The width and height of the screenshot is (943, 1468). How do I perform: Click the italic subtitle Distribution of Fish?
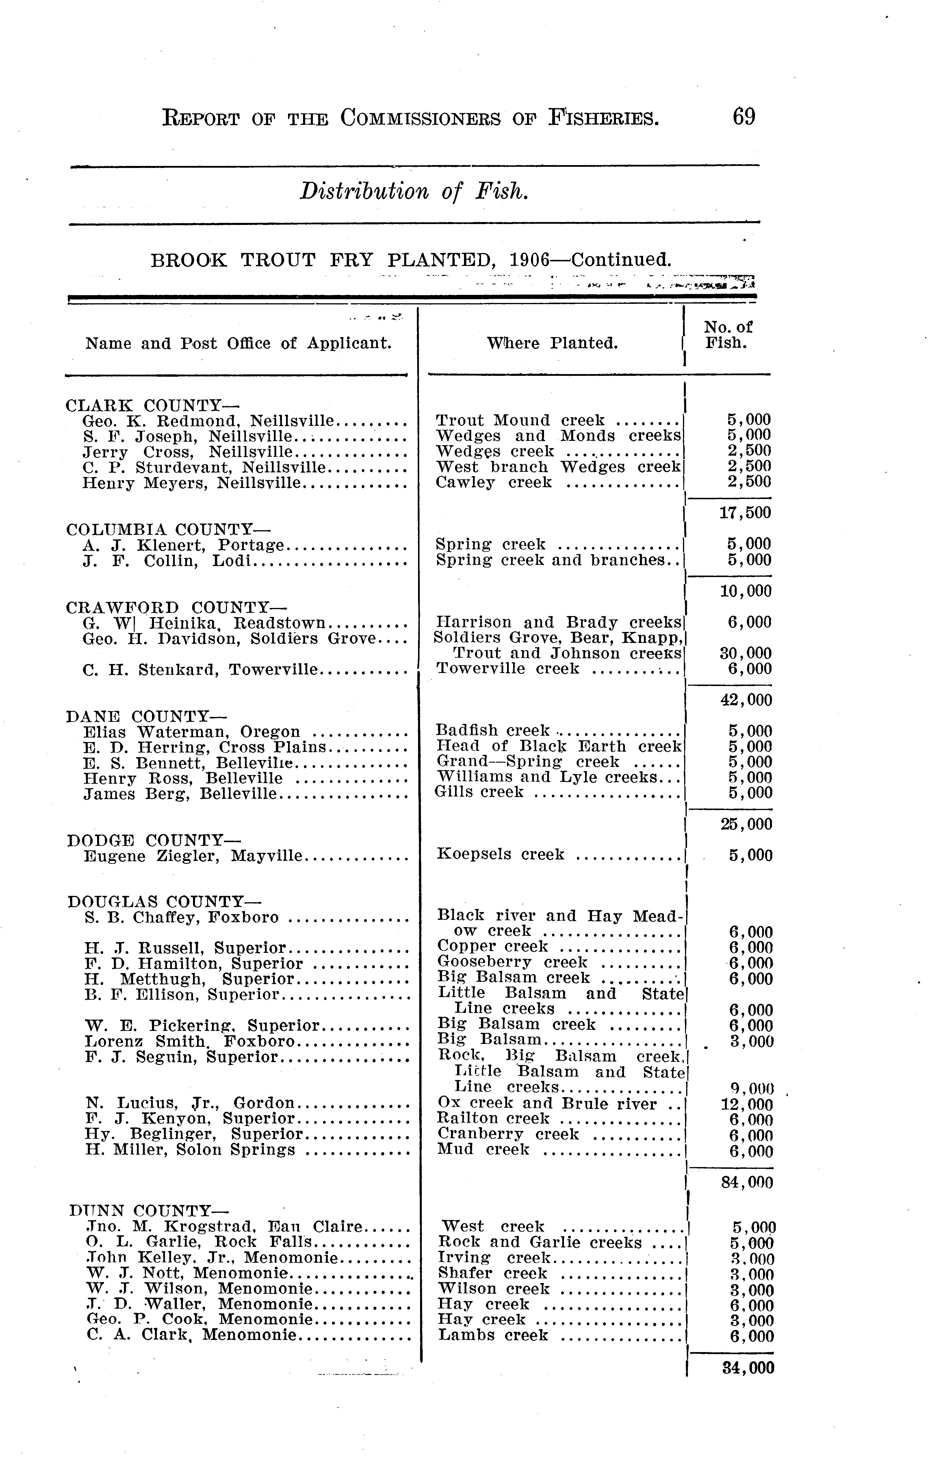coord(413,192)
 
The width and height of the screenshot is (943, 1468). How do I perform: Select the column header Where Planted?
coord(552,343)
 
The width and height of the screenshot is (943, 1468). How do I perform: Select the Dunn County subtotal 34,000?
coord(748,1368)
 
